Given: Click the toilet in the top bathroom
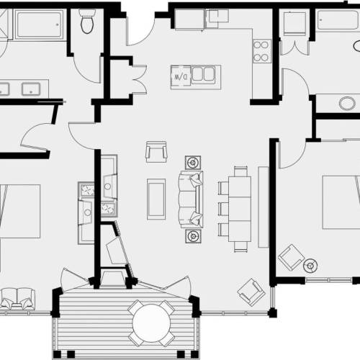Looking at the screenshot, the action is [87, 21].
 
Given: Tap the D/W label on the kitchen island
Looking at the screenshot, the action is [181, 77].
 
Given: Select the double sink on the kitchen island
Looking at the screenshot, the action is [203, 74].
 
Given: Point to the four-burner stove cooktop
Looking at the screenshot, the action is [261, 51].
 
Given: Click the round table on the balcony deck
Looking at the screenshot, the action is [151, 323].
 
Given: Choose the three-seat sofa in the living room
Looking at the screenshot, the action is [191, 199].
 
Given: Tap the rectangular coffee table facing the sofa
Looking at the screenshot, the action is [156, 199].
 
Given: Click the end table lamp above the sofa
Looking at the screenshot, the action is [193, 163].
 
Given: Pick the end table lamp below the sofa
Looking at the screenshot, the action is [193, 236].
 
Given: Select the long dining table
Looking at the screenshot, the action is [240, 209].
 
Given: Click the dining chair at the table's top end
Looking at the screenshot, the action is [240, 171].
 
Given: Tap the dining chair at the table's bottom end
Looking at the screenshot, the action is [240, 247].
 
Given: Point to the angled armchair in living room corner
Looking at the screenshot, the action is [251, 292].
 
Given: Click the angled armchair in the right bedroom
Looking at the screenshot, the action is [291, 258].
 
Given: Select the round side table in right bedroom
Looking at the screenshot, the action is [310, 266].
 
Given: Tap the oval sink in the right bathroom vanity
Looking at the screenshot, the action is [347, 104].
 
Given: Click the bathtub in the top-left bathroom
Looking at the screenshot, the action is [40, 24].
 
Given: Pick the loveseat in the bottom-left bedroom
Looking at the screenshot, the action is [17, 299].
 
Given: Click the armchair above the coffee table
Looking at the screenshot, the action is [156, 152].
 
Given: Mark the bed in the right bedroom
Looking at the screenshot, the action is [341, 202].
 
